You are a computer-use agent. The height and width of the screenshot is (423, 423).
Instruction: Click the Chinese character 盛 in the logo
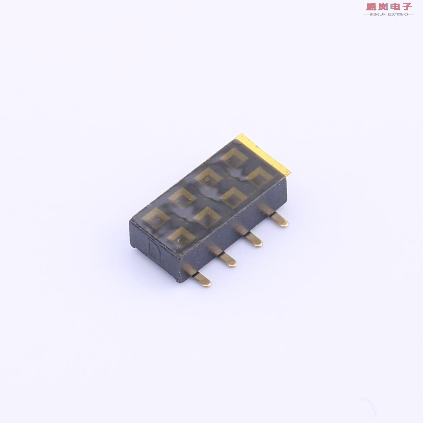(372, 7)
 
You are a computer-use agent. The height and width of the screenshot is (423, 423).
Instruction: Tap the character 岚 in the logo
(383, 7)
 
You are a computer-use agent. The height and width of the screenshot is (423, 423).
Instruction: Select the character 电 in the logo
(395, 7)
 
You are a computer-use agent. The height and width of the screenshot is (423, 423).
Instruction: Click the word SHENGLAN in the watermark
(377, 14)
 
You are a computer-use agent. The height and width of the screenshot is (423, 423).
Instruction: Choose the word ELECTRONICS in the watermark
(398, 14)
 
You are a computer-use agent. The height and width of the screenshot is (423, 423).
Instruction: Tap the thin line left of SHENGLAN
(366, 14)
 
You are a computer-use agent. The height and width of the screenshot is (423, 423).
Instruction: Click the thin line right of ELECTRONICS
(411, 14)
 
